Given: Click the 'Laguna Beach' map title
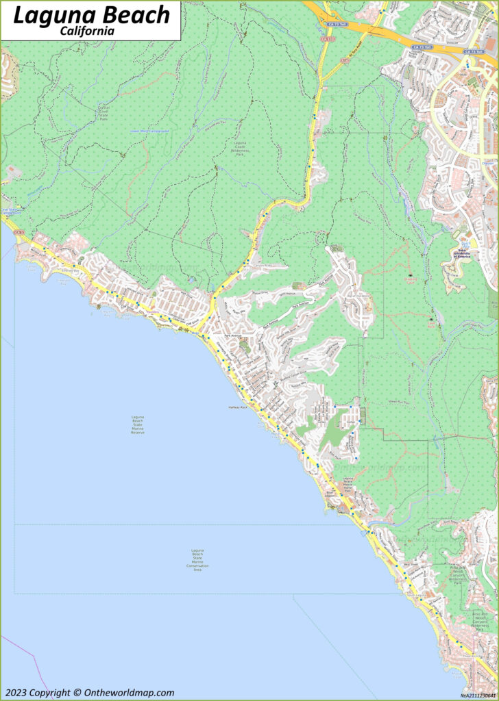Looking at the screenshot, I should coord(91,15).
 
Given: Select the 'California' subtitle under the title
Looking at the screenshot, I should coord(87,31).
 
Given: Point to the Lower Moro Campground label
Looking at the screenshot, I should coord(149,131).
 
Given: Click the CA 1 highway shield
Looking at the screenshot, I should coord(19,233).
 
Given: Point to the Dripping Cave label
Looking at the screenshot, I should coord(410,279).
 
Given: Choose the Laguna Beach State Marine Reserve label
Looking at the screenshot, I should coord(138,424).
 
